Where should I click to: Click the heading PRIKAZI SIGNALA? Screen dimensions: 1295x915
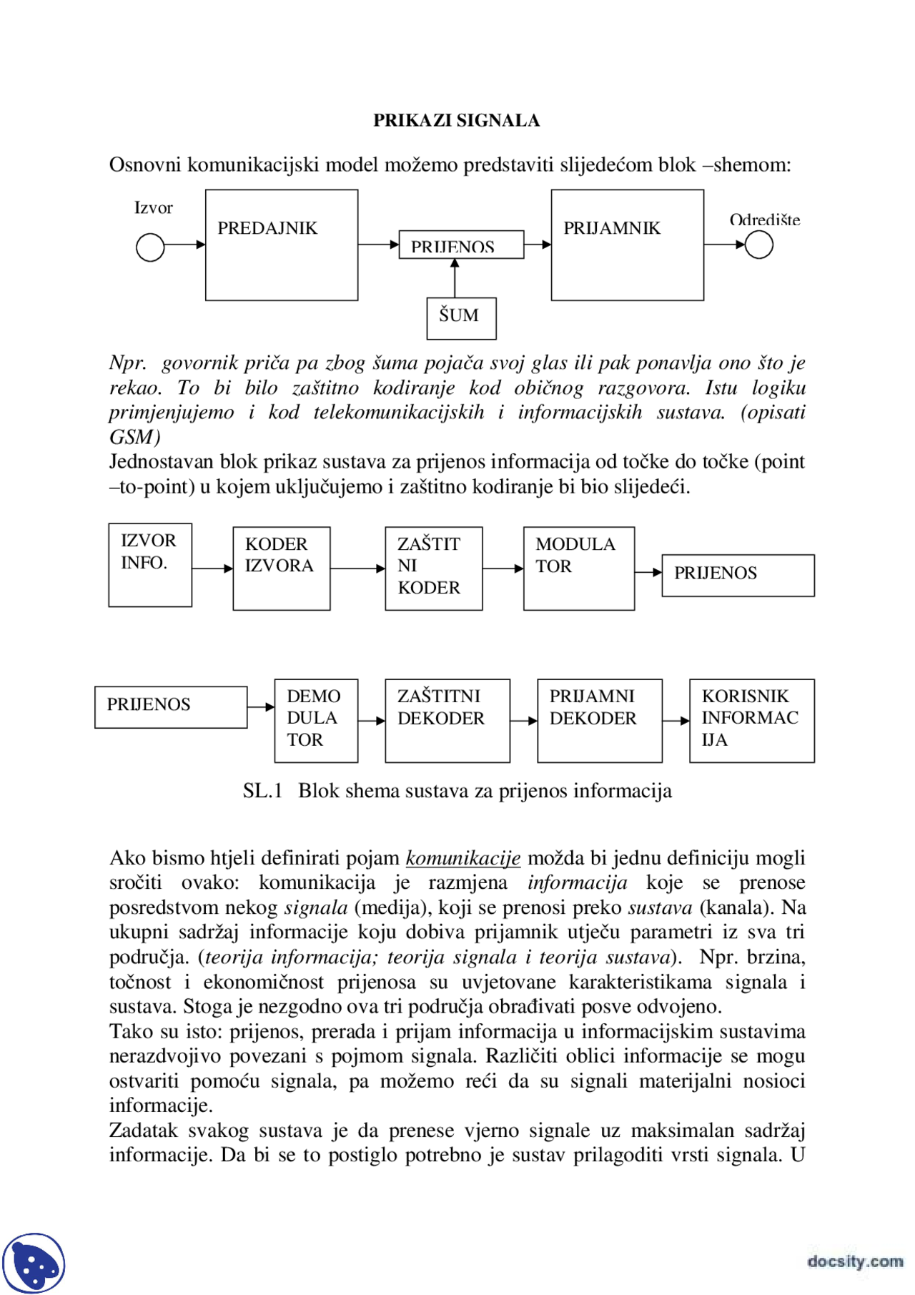tap(456, 120)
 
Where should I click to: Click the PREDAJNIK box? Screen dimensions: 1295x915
tap(282, 245)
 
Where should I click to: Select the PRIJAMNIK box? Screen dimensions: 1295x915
tap(627, 245)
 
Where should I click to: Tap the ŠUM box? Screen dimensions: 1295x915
tap(461, 317)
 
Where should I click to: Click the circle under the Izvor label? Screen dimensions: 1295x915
tap(150, 247)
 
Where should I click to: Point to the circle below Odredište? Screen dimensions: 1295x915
tap(758, 245)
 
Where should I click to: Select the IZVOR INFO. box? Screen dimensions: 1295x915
tap(150, 565)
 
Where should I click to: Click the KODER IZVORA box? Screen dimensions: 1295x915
tap(282, 568)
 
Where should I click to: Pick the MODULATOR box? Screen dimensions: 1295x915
tap(578, 568)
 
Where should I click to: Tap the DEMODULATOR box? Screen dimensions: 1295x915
tap(316, 720)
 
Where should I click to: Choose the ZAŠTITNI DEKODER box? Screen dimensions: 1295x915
tap(447, 720)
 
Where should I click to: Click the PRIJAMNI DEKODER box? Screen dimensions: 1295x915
tap(599, 720)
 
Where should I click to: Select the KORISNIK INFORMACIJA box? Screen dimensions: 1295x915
tap(751, 720)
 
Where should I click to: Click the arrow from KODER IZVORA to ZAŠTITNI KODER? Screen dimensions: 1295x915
tap(357, 568)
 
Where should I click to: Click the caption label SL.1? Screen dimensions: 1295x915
tap(262, 791)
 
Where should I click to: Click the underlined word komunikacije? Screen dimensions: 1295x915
tap(463, 857)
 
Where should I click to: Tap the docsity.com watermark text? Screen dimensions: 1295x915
tap(855, 1261)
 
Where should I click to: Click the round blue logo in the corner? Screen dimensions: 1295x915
tap(34, 1263)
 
